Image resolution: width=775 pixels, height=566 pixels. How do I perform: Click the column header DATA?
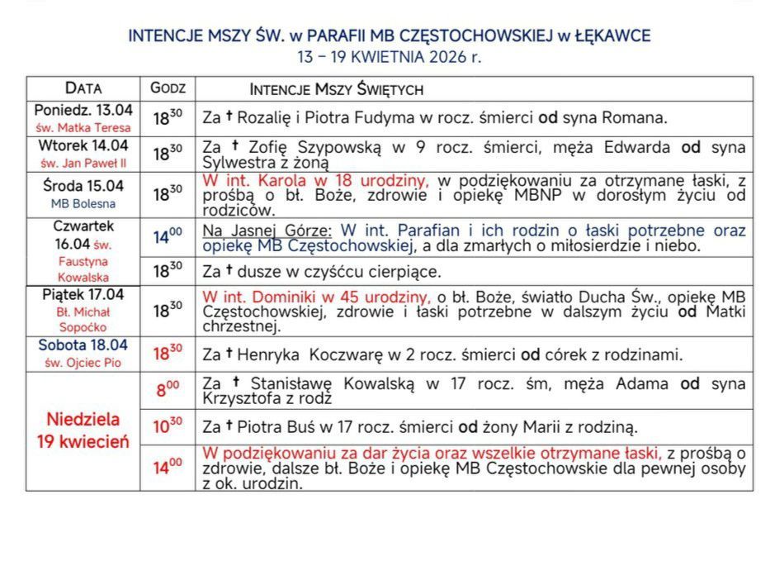tap(83, 88)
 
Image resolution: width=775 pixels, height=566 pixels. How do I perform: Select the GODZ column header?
tap(168, 88)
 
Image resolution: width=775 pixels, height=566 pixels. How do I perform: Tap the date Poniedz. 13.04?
tap(83, 110)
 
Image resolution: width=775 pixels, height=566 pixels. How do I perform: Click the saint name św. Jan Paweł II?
tap(83, 163)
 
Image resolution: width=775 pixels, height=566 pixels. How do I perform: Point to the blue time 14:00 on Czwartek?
tap(168, 237)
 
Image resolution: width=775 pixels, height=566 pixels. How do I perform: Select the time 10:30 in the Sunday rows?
tap(168, 427)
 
